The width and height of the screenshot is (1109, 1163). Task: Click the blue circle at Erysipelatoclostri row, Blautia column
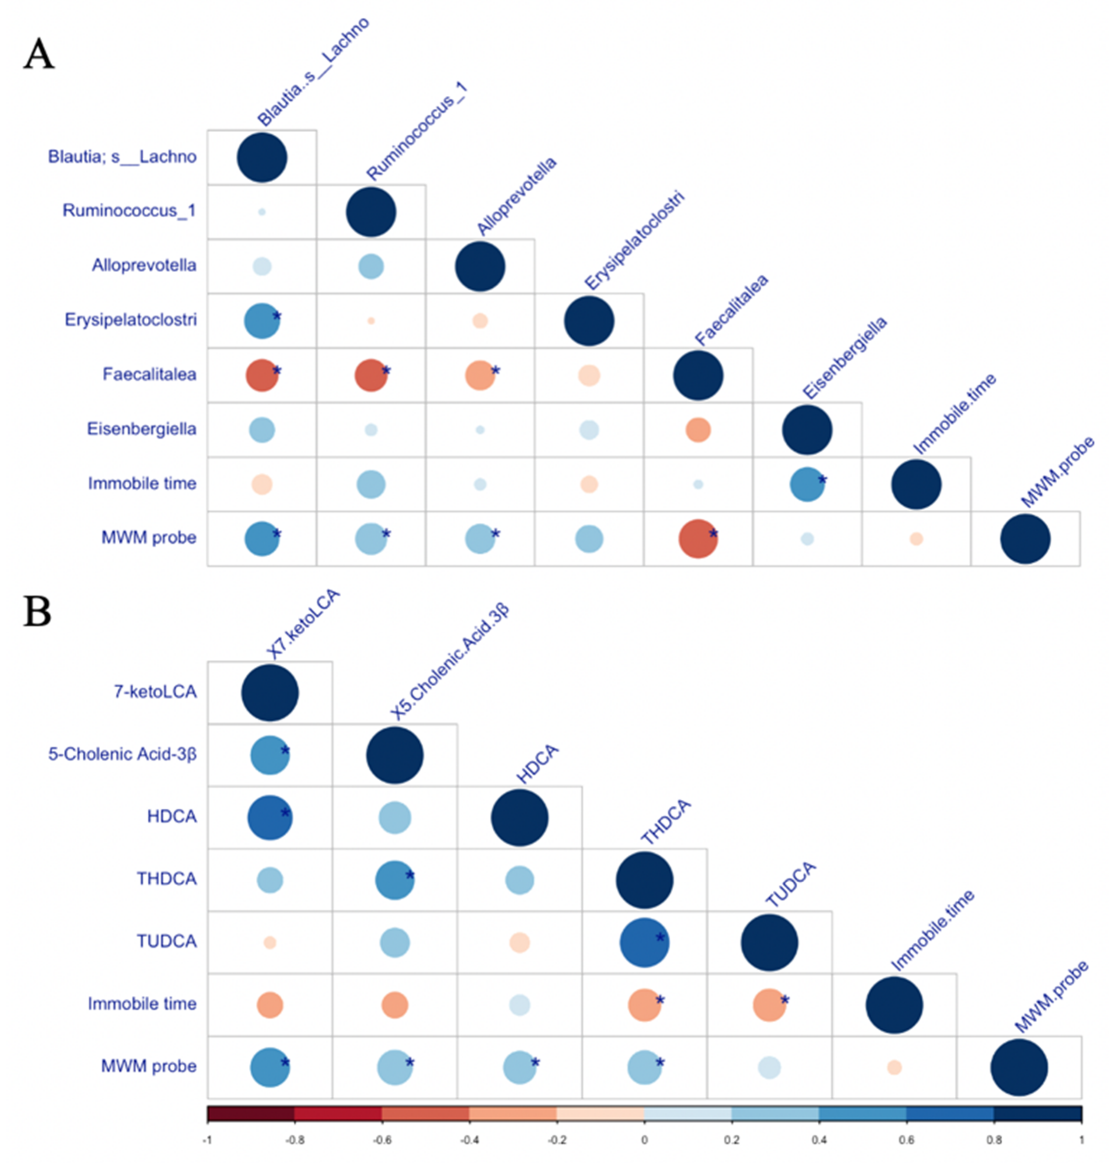[x=261, y=321]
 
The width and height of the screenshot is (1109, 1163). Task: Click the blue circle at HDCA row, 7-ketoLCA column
[x=270, y=818]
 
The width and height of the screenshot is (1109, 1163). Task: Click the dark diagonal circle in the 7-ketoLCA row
[x=270, y=693]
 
